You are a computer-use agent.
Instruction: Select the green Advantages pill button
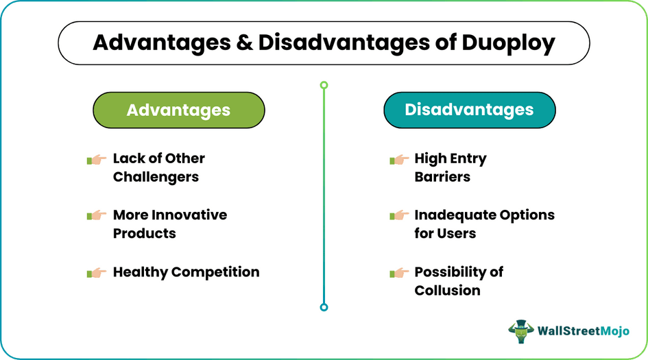[178, 110]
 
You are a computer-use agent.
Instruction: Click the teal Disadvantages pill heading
[469, 110]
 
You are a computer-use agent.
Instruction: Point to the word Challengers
[156, 177]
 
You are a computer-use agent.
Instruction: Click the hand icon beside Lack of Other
[96, 159]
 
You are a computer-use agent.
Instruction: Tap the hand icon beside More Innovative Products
[96, 215]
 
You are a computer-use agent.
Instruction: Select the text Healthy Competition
[186, 272]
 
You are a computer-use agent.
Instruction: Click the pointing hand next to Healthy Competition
[96, 272]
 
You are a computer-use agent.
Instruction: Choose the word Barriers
[442, 177]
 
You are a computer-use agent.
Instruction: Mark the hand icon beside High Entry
[398, 159]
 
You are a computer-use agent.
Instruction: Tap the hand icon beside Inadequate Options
[398, 215]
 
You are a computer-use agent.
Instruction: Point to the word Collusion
[447, 290]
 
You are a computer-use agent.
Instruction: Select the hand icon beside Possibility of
[398, 272]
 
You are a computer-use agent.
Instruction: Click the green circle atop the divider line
[324, 85]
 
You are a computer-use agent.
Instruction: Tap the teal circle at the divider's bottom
[324, 307]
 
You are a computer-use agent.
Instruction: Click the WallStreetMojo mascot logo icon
[521, 331]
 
